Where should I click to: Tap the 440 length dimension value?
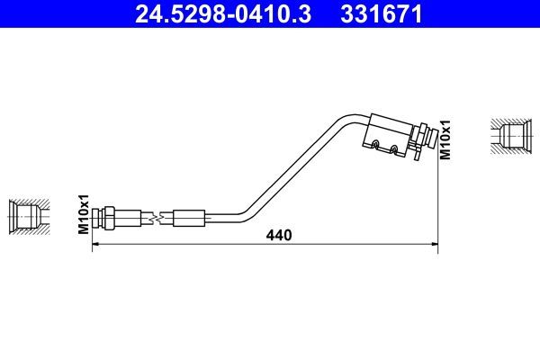[x=280, y=236]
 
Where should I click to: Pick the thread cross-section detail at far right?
[x=510, y=135]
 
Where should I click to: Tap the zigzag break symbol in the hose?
[x=157, y=217]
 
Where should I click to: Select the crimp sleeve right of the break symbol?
[x=189, y=217]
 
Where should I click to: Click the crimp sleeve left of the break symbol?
[x=130, y=217]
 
